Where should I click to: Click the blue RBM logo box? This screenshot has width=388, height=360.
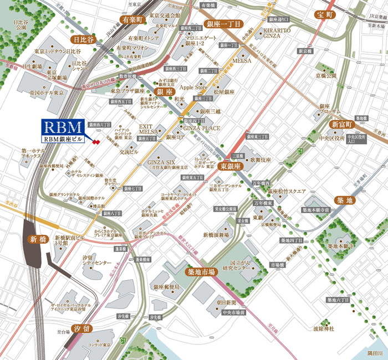tap(63, 127)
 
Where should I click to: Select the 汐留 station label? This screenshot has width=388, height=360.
tap(81, 329)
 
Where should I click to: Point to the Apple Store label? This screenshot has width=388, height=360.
tap(193, 87)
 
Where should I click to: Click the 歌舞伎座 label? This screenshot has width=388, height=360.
tap(259, 160)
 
